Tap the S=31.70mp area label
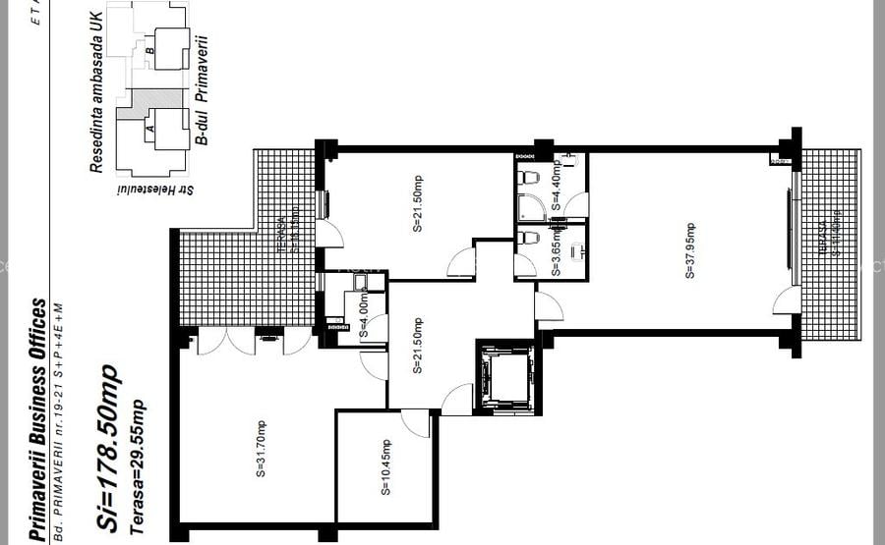pyautogui.click(x=262, y=450)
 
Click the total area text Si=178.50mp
pyautogui.click(x=109, y=449)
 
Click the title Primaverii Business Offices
pyautogui.click(x=38, y=419)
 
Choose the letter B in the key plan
pyautogui.click(x=150, y=51)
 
